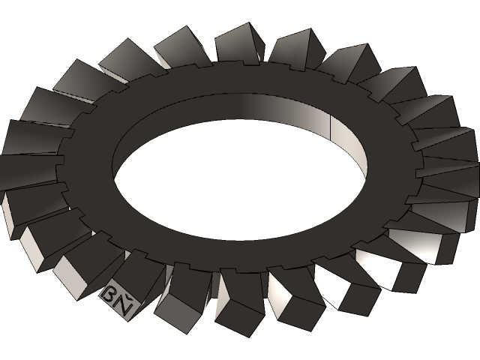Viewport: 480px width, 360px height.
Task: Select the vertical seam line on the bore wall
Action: click(331, 127)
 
